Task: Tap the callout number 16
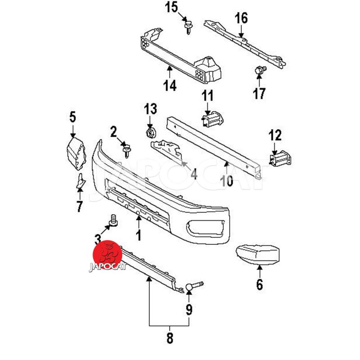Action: [x=241, y=18]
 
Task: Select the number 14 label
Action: [x=170, y=85]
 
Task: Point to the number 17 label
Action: [x=259, y=93]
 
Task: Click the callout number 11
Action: [x=207, y=96]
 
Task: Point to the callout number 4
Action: [x=193, y=173]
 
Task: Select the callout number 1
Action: [x=139, y=235]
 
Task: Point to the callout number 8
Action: [x=169, y=338]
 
